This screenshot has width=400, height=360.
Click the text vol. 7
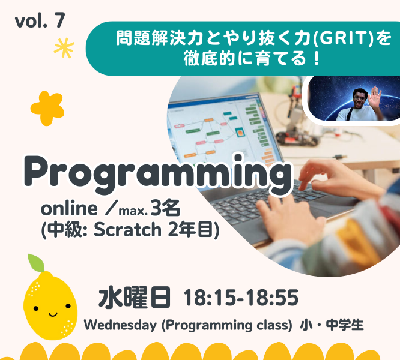[40, 20]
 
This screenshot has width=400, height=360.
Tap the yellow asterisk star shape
[64, 47]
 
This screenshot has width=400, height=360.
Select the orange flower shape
[47, 108]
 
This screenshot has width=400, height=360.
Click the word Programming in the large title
[157, 175]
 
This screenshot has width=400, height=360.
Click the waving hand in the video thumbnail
[375, 98]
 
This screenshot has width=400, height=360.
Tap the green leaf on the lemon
[36, 263]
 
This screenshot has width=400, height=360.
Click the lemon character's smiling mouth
[53, 314]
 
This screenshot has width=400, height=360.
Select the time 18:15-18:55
[241, 298]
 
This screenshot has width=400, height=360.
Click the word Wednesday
[120, 325]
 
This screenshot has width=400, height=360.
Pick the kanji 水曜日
[135, 298]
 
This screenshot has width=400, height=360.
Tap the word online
[69, 209]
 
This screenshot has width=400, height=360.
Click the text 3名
[166, 208]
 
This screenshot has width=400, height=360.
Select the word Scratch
[127, 230]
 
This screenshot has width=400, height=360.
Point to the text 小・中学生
[332, 325]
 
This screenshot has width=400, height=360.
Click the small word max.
[133, 211]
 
